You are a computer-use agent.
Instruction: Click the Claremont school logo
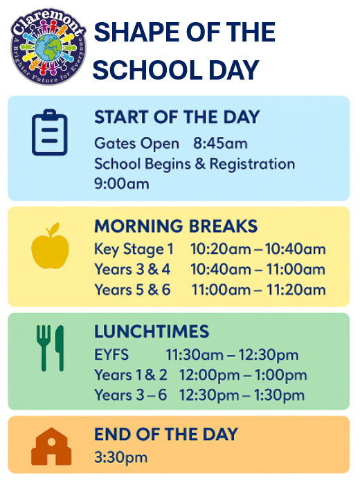(48, 47)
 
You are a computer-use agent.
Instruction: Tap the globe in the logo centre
(48, 48)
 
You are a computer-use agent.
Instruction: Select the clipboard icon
(50, 132)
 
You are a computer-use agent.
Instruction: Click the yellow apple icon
(50, 246)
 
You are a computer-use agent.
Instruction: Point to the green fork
(44, 348)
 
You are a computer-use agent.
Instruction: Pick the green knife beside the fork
(60, 348)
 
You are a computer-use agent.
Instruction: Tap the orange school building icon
(51, 446)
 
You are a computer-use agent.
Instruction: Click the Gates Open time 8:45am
(220, 143)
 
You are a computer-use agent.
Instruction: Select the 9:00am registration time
(122, 183)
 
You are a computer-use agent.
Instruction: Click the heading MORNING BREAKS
(176, 226)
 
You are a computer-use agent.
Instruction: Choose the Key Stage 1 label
(134, 249)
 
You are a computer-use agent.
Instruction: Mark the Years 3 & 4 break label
(132, 269)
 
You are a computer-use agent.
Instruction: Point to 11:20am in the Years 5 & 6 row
(296, 290)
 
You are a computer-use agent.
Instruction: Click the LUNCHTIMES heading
(152, 331)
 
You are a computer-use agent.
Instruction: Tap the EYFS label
(111, 355)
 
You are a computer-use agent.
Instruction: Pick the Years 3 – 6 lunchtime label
(131, 395)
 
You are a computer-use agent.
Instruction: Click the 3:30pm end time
(121, 457)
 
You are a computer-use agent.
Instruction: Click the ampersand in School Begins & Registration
(200, 163)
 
